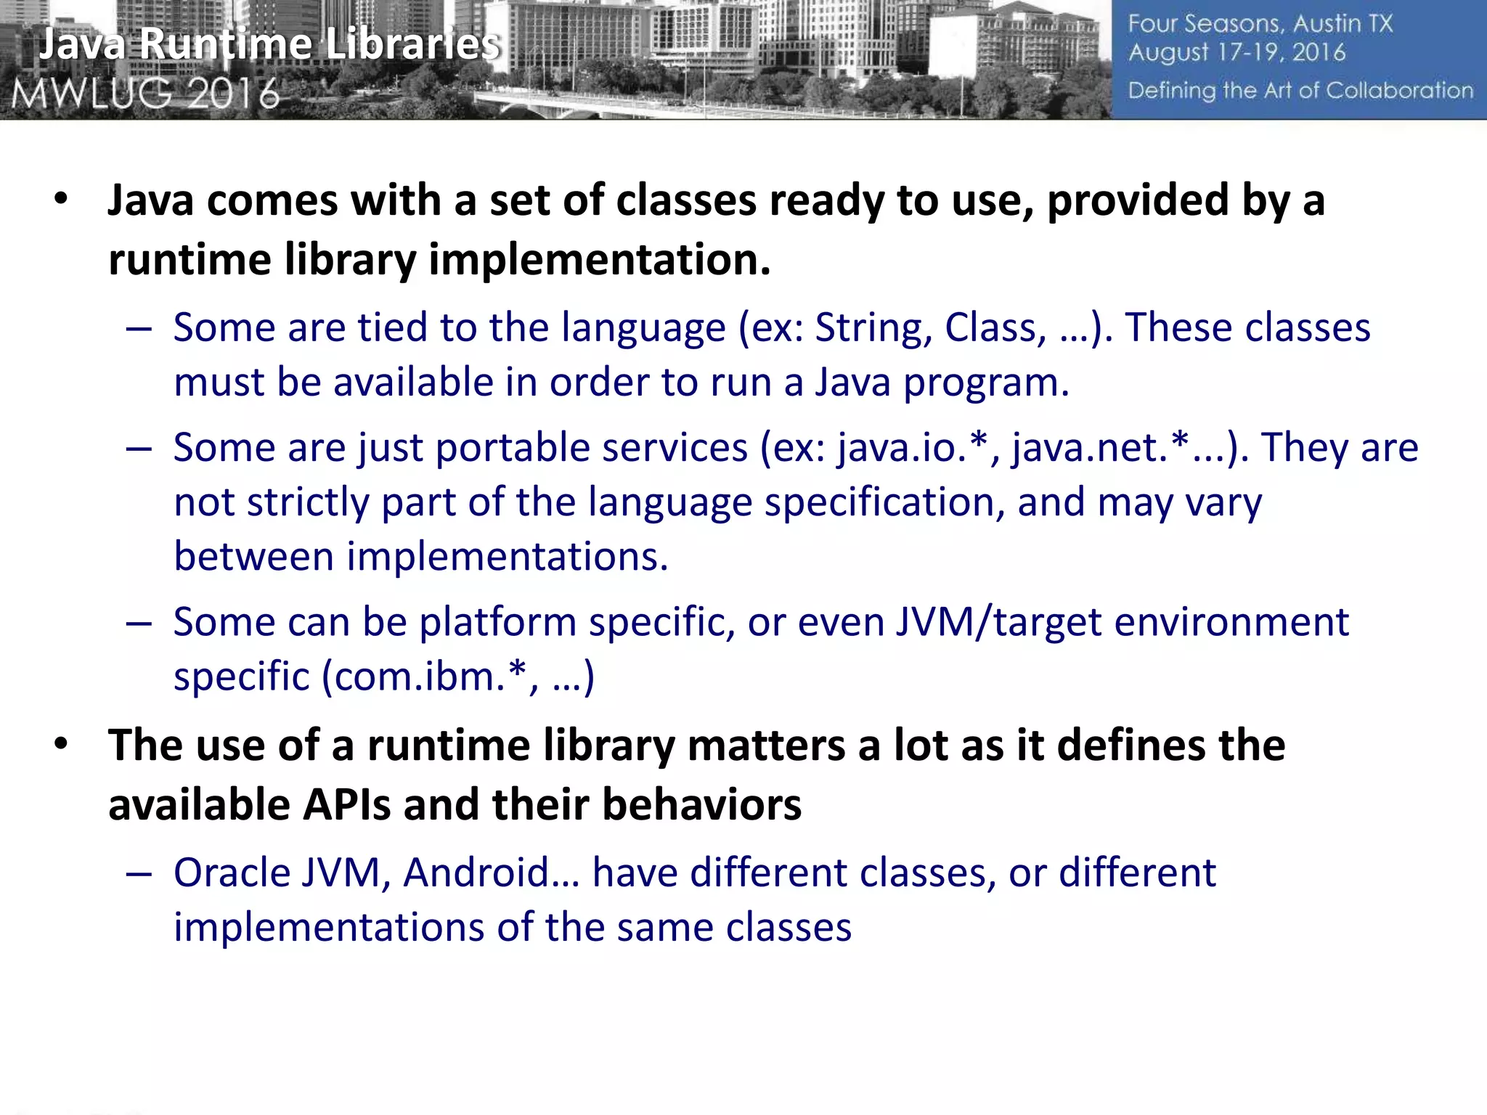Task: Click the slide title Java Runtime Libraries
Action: pyautogui.click(x=269, y=45)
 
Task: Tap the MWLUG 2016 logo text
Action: pyautogui.click(x=145, y=94)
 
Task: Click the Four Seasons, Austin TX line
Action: pyautogui.click(x=1260, y=24)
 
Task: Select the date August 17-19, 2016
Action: pyautogui.click(x=1237, y=52)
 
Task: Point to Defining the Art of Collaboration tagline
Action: pyautogui.click(x=1300, y=91)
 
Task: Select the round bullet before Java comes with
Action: pyautogui.click(x=61, y=199)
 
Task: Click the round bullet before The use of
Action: pyautogui.click(x=61, y=744)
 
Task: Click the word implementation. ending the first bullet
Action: pyautogui.click(x=599, y=261)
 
